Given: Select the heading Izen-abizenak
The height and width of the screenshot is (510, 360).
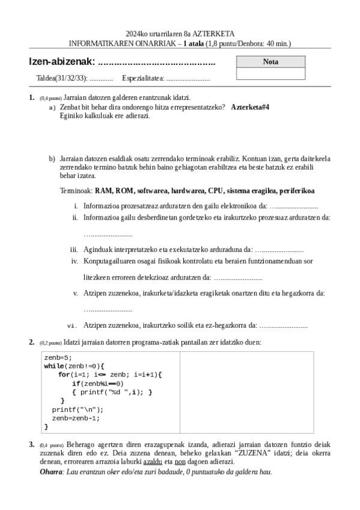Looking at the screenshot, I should click(62, 62).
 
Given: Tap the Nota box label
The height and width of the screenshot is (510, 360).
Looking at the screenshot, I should click(270, 62).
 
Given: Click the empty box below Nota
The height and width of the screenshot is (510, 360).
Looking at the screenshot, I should click(270, 73).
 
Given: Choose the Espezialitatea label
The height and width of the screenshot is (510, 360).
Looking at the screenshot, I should click(143, 78).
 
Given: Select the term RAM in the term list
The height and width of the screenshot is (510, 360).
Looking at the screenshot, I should click(103, 191).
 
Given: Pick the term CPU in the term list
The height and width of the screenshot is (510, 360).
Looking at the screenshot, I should click(215, 191).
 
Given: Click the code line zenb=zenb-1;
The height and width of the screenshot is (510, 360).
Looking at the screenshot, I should click(76, 418).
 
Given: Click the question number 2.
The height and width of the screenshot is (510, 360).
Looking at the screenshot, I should click(31, 342).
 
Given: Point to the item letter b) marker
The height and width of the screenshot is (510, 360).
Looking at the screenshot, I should click(52, 158).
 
